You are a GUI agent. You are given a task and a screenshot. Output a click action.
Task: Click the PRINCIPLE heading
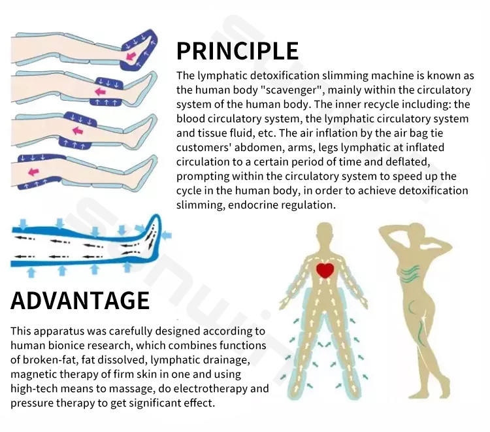237,50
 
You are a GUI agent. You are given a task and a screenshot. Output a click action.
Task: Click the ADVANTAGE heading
80,300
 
